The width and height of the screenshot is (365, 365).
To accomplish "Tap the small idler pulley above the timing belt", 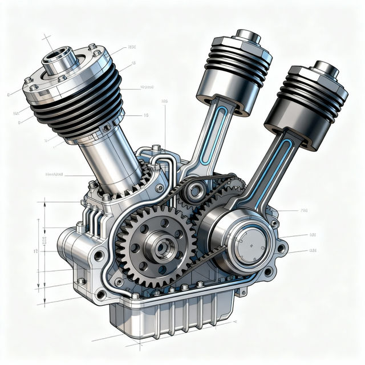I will tap(196, 189).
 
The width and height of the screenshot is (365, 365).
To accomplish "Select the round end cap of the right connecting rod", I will tap(249, 249).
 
